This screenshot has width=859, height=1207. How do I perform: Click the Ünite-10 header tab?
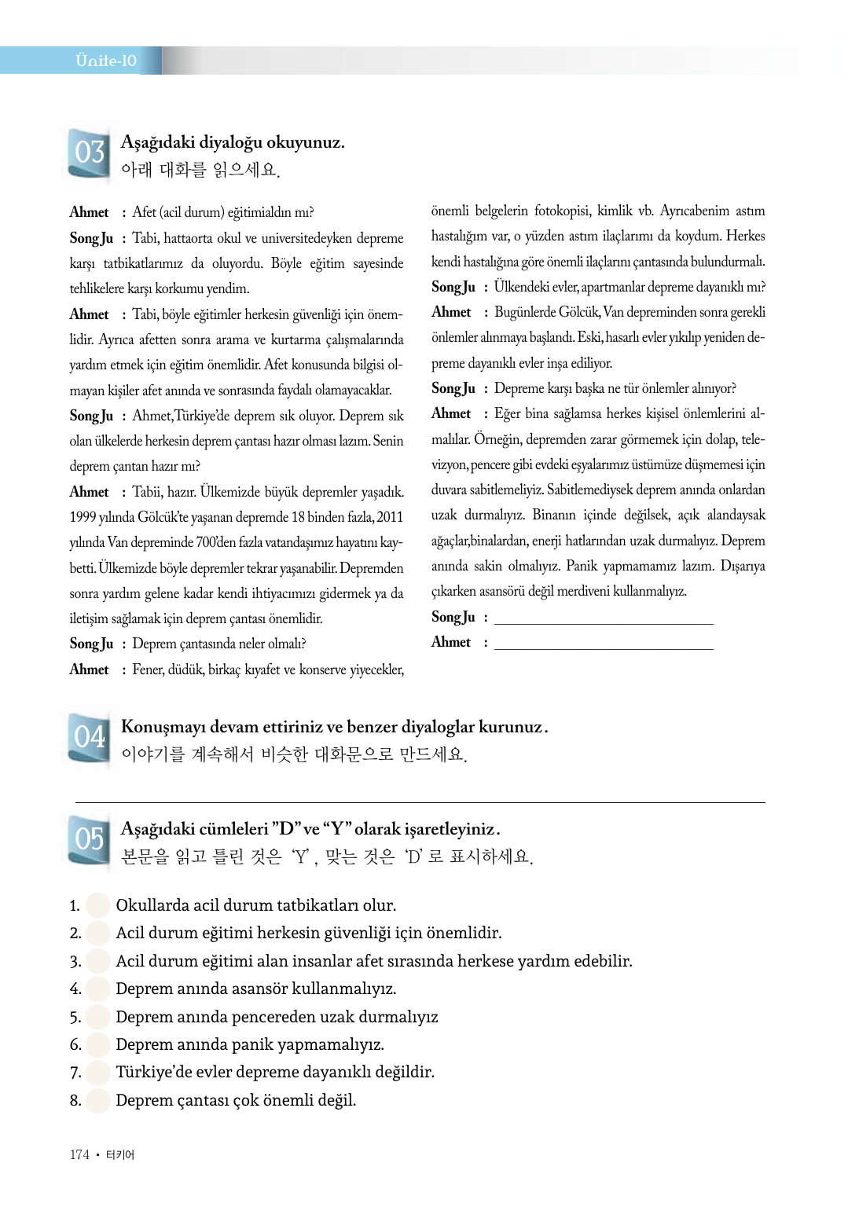106,61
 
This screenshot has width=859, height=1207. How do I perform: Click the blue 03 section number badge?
89,152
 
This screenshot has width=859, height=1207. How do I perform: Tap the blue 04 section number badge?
89,737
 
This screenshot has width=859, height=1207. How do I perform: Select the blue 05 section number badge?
89,839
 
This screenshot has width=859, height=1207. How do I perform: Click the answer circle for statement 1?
98,905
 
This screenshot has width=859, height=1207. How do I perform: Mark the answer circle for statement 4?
98,989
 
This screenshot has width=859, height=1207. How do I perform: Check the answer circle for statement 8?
98,1100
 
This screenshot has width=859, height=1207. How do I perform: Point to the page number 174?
79,1154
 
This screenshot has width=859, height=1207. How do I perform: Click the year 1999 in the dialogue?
84,517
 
